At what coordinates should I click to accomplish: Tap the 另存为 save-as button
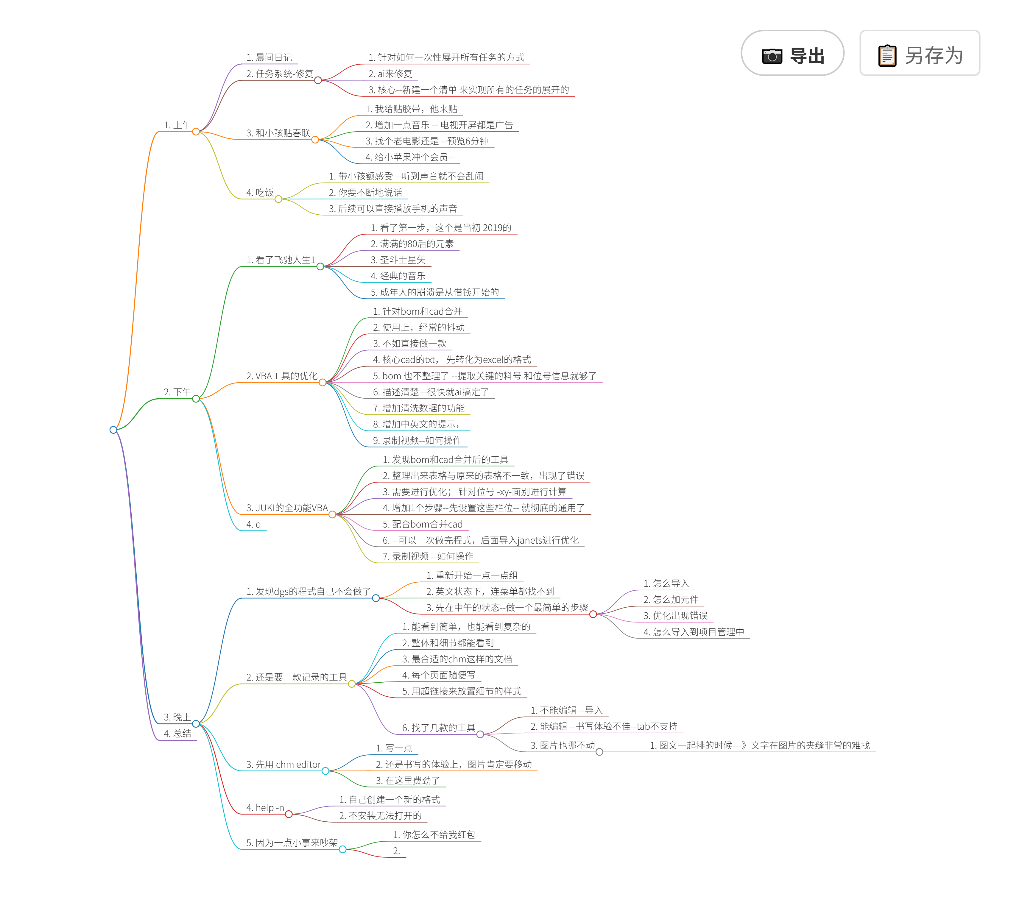(919, 53)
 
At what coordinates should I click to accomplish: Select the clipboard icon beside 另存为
(887, 55)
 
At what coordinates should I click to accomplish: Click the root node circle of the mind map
(113, 430)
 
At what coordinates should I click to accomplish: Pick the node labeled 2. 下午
(177, 392)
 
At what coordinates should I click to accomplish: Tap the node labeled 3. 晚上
(177, 717)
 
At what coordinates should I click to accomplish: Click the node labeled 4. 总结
(177, 733)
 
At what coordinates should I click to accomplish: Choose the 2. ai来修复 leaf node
(390, 74)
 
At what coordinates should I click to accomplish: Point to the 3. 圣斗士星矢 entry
(398, 260)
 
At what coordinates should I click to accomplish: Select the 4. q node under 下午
(253, 524)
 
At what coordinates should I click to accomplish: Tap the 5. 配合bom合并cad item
(422, 524)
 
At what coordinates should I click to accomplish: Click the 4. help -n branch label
(265, 808)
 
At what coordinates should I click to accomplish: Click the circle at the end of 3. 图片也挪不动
(599, 752)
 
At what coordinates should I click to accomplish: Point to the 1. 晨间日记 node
(269, 57)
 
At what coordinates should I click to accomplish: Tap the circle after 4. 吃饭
(278, 199)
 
